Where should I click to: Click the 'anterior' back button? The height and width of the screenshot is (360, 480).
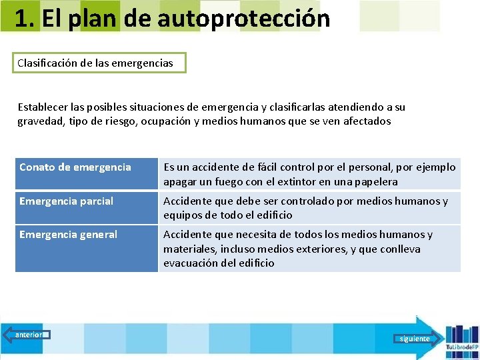(26, 335)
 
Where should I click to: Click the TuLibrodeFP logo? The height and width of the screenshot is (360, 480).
(461, 340)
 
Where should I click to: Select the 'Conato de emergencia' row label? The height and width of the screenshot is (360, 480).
(75, 167)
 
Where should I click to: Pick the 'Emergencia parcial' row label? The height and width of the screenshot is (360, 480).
(67, 201)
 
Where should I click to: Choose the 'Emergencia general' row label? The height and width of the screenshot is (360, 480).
(68, 234)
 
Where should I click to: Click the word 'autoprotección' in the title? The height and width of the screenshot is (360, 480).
(244, 19)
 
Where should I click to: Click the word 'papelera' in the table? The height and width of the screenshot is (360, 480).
(376, 181)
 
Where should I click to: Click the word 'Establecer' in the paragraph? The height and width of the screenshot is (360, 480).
(42, 107)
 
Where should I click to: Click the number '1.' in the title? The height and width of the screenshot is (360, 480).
(24, 19)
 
